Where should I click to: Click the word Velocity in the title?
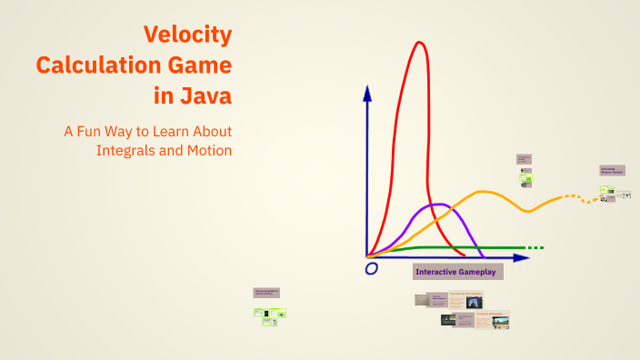pos(187,35)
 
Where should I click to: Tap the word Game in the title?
pos(204,65)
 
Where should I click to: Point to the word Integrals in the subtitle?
pos(126,150)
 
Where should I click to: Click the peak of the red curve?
pos(418,43)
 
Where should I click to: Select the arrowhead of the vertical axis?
pos(367,92)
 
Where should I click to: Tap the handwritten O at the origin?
pos(371,269)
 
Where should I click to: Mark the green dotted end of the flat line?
pos(535,247)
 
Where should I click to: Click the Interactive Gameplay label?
pos(458,272)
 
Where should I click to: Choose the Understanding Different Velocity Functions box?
pos(266,293)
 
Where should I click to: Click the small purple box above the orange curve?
pos(524,158)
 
